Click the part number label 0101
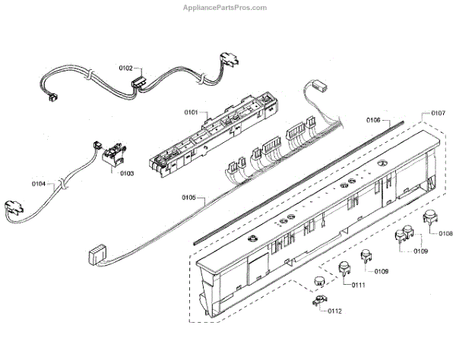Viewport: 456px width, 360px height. pyautogui.click(x=190, y=112)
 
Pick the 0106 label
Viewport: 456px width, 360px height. pyautogui.click(x=373, y=120)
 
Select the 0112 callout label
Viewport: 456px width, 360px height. pyautogui.click(x=334, y=310)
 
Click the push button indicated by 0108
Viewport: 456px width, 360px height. pyautogui.click(x=429, y=220)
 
